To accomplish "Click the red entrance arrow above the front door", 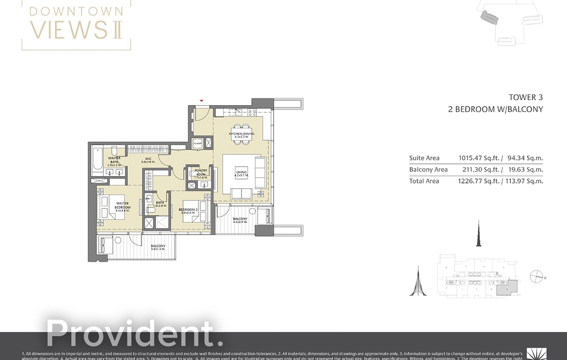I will (201, 101).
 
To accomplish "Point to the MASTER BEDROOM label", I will (123, 205).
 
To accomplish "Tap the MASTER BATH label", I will (114, 160).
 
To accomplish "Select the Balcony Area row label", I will (428, 169).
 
